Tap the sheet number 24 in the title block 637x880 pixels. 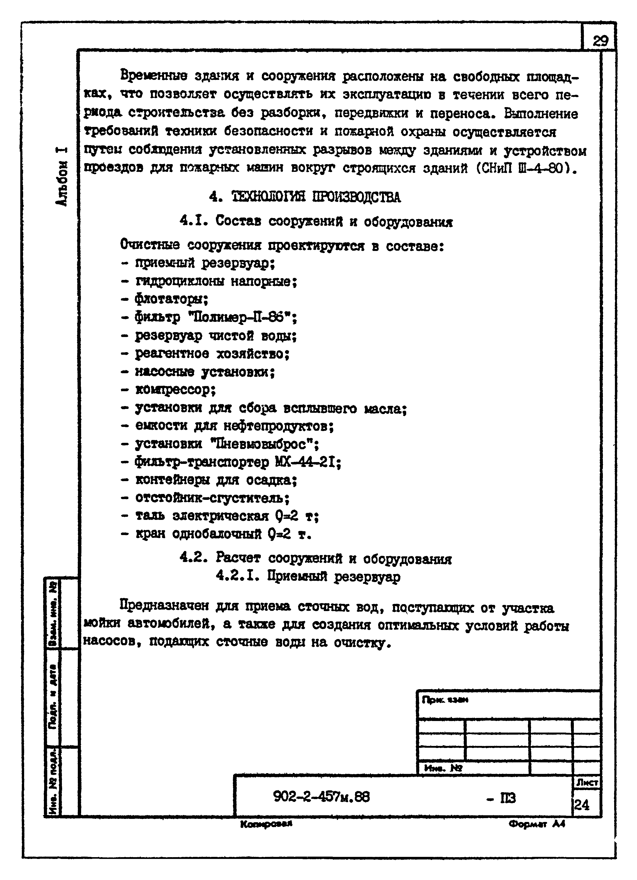(x=582, y=806)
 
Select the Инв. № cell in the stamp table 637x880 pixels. (x=443, y=768)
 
